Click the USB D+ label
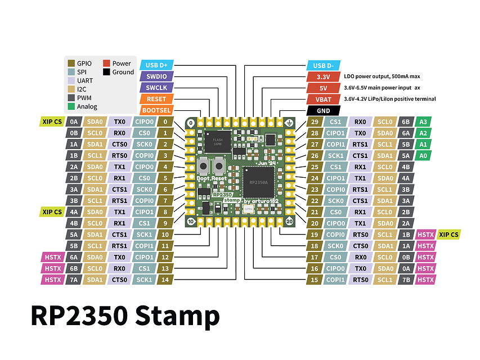(156, 64)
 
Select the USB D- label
(324, 65)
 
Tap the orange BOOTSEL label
(156, 110)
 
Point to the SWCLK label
(156, 87)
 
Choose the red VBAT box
(324, 99)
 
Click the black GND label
(324, 111)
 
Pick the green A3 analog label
(424, 121)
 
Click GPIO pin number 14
(165, 280)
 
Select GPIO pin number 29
(315, 121)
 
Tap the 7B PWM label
(406, 280)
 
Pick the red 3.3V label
(324, 76)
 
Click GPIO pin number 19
(315, 235)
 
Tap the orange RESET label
(156, 99)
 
